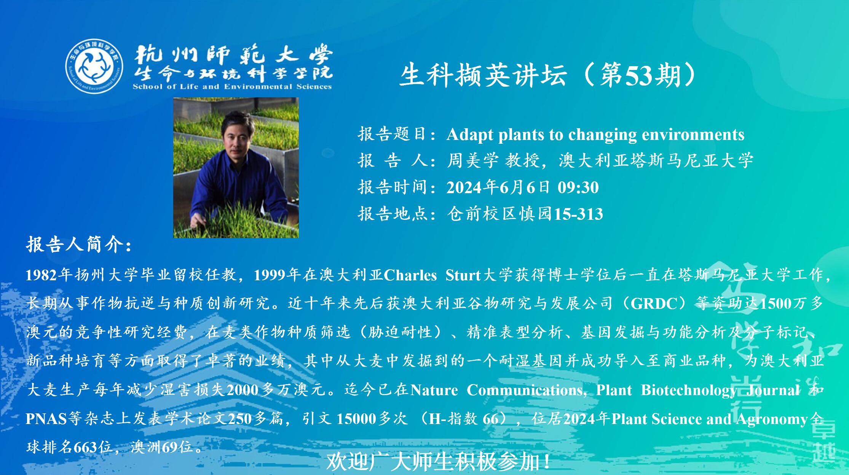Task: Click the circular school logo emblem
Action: tap(94, 66)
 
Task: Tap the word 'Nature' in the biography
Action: tap(434, 390)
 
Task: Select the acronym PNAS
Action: tap(46, 419)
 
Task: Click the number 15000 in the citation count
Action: tap(356, 419)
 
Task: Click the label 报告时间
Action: tap(392, 187)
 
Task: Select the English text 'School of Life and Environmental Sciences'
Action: tap(232, 86)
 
